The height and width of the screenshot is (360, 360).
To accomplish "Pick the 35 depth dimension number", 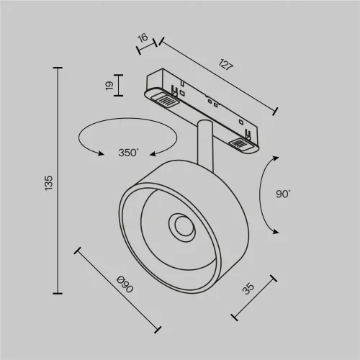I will pyautogui.click(x=248, y=289).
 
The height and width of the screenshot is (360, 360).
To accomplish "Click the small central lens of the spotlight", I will pyautogui.click(x=180, y=227).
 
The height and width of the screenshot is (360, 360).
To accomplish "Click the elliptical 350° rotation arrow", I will pyautogui.click(x=128, y=136).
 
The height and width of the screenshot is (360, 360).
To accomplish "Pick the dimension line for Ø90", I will pyautogui.click(x=117, y=289).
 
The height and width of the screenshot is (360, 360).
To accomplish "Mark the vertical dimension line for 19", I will pyautogui.click(x=120, y=86).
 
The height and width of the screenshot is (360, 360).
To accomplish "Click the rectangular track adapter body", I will pyautogui.click(x=205, y=109).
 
